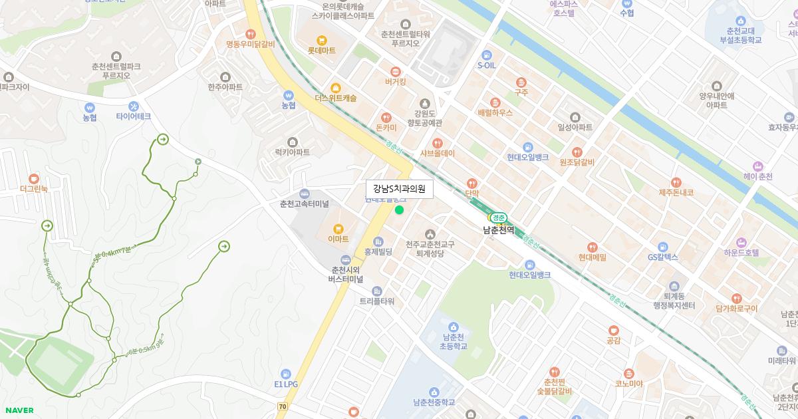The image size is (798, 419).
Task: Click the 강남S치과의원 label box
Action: pos(400,189)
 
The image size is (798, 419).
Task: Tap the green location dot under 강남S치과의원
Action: pos(399,210)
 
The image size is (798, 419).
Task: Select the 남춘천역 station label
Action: pos(499,230)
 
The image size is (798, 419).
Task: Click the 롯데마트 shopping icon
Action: pos(322,39)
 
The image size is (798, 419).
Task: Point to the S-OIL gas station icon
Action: pos(487,55)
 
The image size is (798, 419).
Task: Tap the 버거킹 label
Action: pos(395,82)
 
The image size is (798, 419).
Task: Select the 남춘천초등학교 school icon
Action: pos(454,326)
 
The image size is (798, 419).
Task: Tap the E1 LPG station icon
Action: pos(286,374)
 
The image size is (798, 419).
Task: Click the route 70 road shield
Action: pos(283,406)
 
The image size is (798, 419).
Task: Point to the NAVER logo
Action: pos(19,410)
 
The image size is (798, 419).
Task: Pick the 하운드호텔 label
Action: pos(741,253)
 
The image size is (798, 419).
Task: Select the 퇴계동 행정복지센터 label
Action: pos(674,301)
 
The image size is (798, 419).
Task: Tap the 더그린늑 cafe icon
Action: pos(34,178)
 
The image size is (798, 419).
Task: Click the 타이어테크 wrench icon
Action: pos(134,106)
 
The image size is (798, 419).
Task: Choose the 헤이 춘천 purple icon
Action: pos(757,166)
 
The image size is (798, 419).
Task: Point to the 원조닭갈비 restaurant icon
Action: pos(577,152)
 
